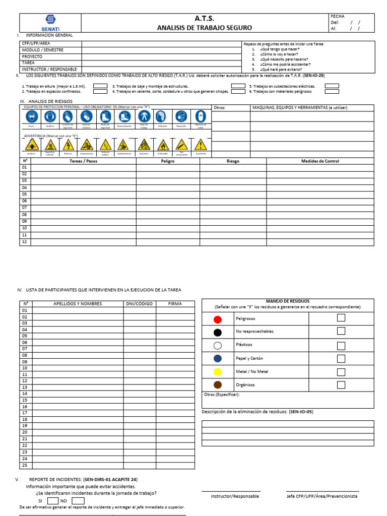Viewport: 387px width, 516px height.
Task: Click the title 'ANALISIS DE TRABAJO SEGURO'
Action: point(205,28)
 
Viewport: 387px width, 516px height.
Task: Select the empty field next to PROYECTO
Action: point(161,57)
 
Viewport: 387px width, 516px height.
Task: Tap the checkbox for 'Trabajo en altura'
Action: point(100,86)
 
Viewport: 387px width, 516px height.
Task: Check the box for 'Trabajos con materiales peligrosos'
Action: point(332,92)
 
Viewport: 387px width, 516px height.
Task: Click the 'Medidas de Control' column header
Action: point(320,161)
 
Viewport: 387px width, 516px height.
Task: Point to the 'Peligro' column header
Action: point(168,161)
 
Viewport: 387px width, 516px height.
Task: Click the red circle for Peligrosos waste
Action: point(217,319)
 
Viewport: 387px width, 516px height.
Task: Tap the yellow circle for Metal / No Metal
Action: point(217,372)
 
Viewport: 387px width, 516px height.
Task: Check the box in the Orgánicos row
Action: point(341,385)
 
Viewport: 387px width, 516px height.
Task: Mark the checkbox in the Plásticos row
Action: point(341,345)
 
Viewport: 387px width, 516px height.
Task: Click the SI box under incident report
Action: point(53,501)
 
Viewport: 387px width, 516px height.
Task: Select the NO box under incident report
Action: point(78,501)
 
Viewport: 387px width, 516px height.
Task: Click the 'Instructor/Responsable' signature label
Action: point(235,496)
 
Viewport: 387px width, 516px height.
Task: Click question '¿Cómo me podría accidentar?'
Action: point(285,64)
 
